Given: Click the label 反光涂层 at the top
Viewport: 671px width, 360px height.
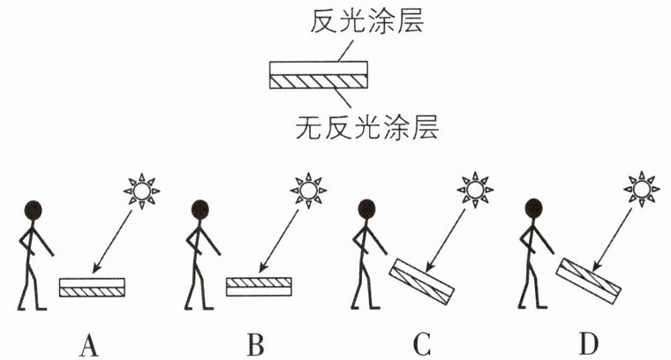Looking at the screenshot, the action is coord(367,22).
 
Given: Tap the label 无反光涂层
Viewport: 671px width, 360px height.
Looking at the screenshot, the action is coord(367,127).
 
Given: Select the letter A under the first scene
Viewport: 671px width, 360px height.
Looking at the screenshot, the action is coord(89,345).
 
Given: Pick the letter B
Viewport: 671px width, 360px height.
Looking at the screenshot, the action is coord(255,345).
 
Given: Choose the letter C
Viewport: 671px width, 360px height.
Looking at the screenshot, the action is coord(422,345).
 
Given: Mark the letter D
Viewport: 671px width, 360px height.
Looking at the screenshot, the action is coord(589,345).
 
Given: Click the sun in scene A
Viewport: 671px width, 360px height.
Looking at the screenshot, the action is coord(141,191).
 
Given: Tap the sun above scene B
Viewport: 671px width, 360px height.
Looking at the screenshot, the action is coord(308,191).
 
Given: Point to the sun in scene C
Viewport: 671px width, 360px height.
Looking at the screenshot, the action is coord(475,190).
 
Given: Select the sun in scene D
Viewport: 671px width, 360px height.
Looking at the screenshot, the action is coord(641,189).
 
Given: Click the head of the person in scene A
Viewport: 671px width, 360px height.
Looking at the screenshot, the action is coord(33,210).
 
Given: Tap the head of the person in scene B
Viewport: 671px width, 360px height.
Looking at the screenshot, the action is coord(200,210).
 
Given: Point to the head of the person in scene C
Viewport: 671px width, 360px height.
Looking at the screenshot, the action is coord(366,209).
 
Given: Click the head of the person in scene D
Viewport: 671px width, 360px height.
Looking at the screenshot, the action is coord(533,209).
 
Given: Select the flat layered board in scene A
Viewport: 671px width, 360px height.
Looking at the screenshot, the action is coord(92,288).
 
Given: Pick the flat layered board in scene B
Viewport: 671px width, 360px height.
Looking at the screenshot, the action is coord(259,287).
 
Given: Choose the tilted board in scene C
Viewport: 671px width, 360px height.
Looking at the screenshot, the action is coord(421,281).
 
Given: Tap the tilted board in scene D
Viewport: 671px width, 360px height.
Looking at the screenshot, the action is coord(588,281).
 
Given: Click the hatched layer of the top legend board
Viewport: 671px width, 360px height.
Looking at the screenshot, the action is coord(319,82).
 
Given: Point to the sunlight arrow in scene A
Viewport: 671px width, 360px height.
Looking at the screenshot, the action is coord(112,242).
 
